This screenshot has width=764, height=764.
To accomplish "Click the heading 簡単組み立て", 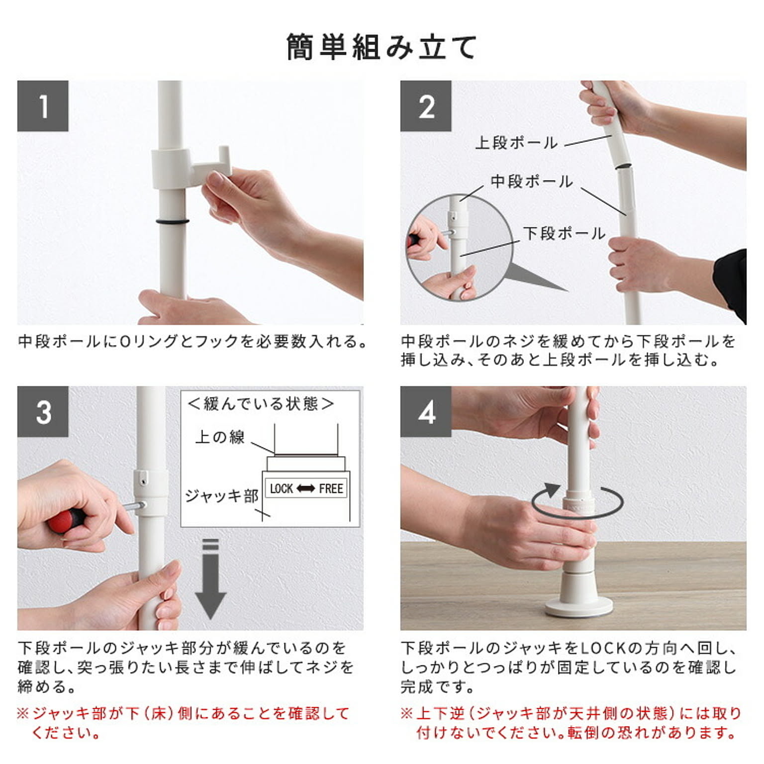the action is pyautogui.click(x=382, y=48).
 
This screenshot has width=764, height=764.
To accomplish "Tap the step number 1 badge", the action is pyautogui.click(x=43, y=106).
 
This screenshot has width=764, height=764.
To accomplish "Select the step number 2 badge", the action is pyautogui.click(x=426, y=106).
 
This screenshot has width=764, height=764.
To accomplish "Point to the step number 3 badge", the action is pyautogui.click(x=43, y=411).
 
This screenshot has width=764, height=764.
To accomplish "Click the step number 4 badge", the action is pyautogui.click(x=426, y=411).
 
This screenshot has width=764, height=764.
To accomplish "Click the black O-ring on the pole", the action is pyautogui.click(x=172, y=221).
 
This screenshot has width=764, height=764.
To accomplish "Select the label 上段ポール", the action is pyautogui.click(x=516, y=143).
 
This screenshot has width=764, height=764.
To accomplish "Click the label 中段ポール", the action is pyautogui.click(x=532, y=182).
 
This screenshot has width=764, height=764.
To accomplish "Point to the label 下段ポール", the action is pyautogui.click(x=564, y=233).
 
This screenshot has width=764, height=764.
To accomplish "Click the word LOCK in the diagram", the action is pyautogui.click(x=282, y=488).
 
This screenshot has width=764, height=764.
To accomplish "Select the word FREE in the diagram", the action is pyautogui.click(x=331, y=488).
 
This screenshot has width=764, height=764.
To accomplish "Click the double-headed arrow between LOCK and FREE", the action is pyautogui.click(x=306, y=488).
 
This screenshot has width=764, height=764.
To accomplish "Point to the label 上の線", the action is pyautogui.click(x=220, y=437).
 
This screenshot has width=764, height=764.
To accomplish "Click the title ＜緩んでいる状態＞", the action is pyautogui.click(x=261, y=403).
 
